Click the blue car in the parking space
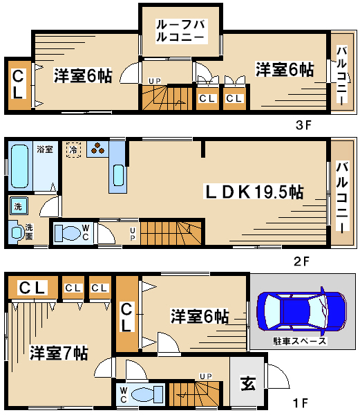click(301, 311)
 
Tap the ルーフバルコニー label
click(181, 31)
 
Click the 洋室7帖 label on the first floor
click(59, 353)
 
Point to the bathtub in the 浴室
click(19, 166)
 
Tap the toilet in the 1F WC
click(147, 394)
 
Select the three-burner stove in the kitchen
click(97, 149)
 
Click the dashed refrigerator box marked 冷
click(73, 150)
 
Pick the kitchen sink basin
click(118, 175)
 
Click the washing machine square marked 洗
click(19, 205)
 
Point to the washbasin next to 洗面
click(17, 232)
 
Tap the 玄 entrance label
click(247, 383)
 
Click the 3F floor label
click(303, 125)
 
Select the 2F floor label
click(301, 261)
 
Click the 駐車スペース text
click(299, 340)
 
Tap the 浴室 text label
click(45, 149)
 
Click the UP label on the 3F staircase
click(155, 81)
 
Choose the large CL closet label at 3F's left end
click(18, 84)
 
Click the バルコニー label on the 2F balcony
click(342, 197)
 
